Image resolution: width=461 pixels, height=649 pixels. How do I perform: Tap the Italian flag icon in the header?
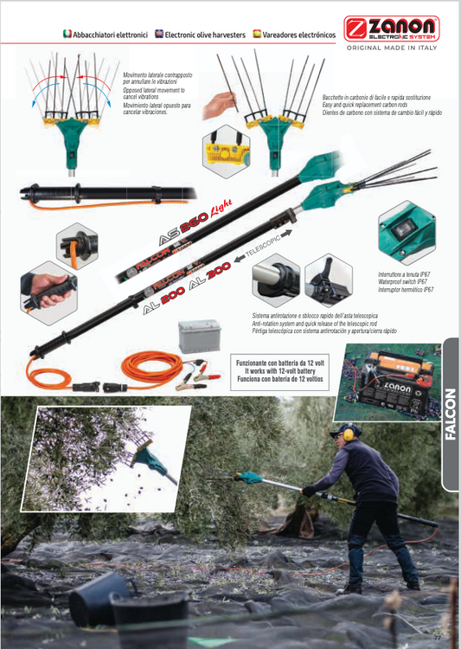(x=67, y=34)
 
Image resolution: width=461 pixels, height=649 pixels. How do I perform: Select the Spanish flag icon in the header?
(x=258, y=34)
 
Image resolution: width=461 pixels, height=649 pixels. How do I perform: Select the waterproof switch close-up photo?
(x=406, y=233)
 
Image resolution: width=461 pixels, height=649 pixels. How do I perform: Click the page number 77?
(x=438, y=639)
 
